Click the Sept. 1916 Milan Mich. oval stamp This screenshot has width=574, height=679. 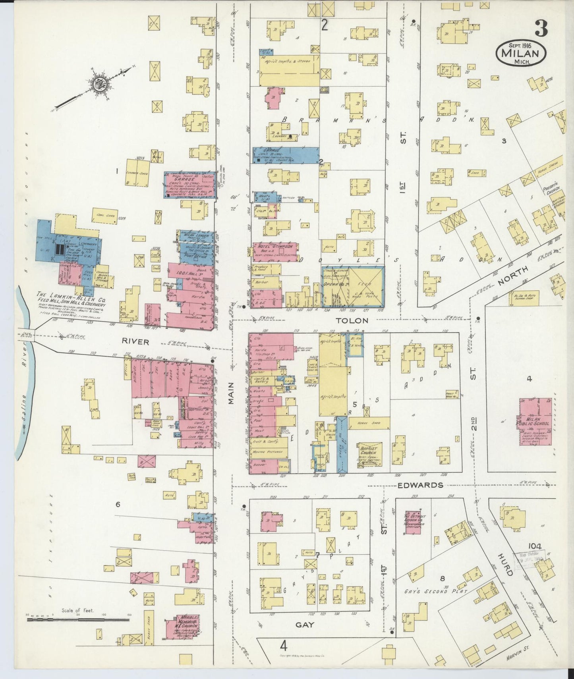coord(520,52)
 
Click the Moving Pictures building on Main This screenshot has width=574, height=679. coord(263,452)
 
